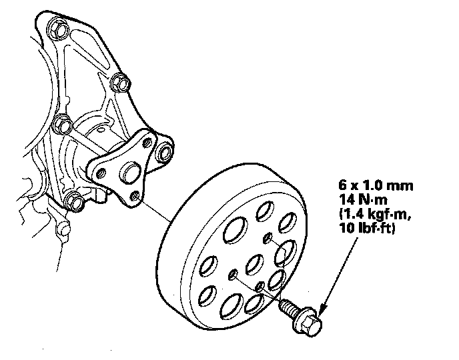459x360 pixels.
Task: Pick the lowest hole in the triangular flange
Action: click(136, 197)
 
